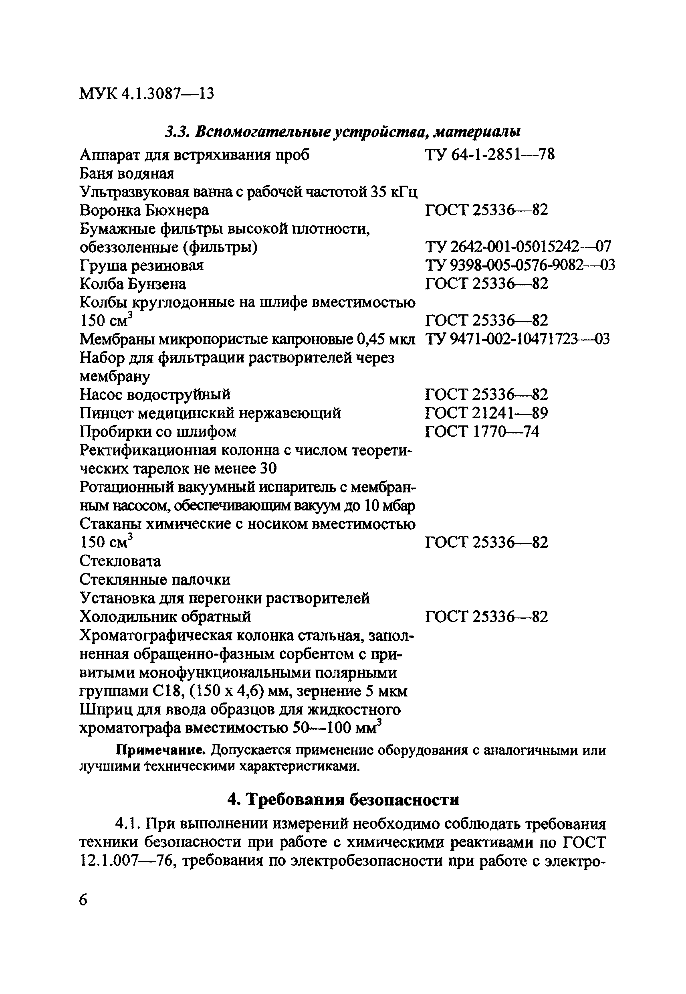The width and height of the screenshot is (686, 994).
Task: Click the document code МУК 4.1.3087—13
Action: [x=147, y=93]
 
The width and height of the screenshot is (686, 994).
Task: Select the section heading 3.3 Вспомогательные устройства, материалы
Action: [x=343, y=132]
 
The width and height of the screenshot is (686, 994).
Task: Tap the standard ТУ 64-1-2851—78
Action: [x=490, y=154]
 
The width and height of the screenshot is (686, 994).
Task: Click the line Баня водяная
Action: [x=127, y=173]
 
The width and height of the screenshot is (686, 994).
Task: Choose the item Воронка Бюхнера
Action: [x=144, y=211]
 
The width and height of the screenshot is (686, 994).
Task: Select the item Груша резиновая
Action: [x=141, y=265]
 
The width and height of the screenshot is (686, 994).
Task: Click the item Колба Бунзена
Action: [x=133, y=284]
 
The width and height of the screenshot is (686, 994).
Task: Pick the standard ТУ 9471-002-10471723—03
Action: [x=517, y=339]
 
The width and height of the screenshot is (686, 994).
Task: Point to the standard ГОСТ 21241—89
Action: [x=486, y=413]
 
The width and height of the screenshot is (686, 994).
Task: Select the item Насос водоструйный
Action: [x=155, y=395]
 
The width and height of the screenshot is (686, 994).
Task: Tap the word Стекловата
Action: [x=120, y=561]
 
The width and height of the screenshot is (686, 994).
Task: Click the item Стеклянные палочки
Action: [x=155, y=580]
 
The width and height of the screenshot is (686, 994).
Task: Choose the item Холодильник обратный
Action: [x=165, y=617]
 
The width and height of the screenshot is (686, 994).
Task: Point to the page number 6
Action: [x=83, y=899]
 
